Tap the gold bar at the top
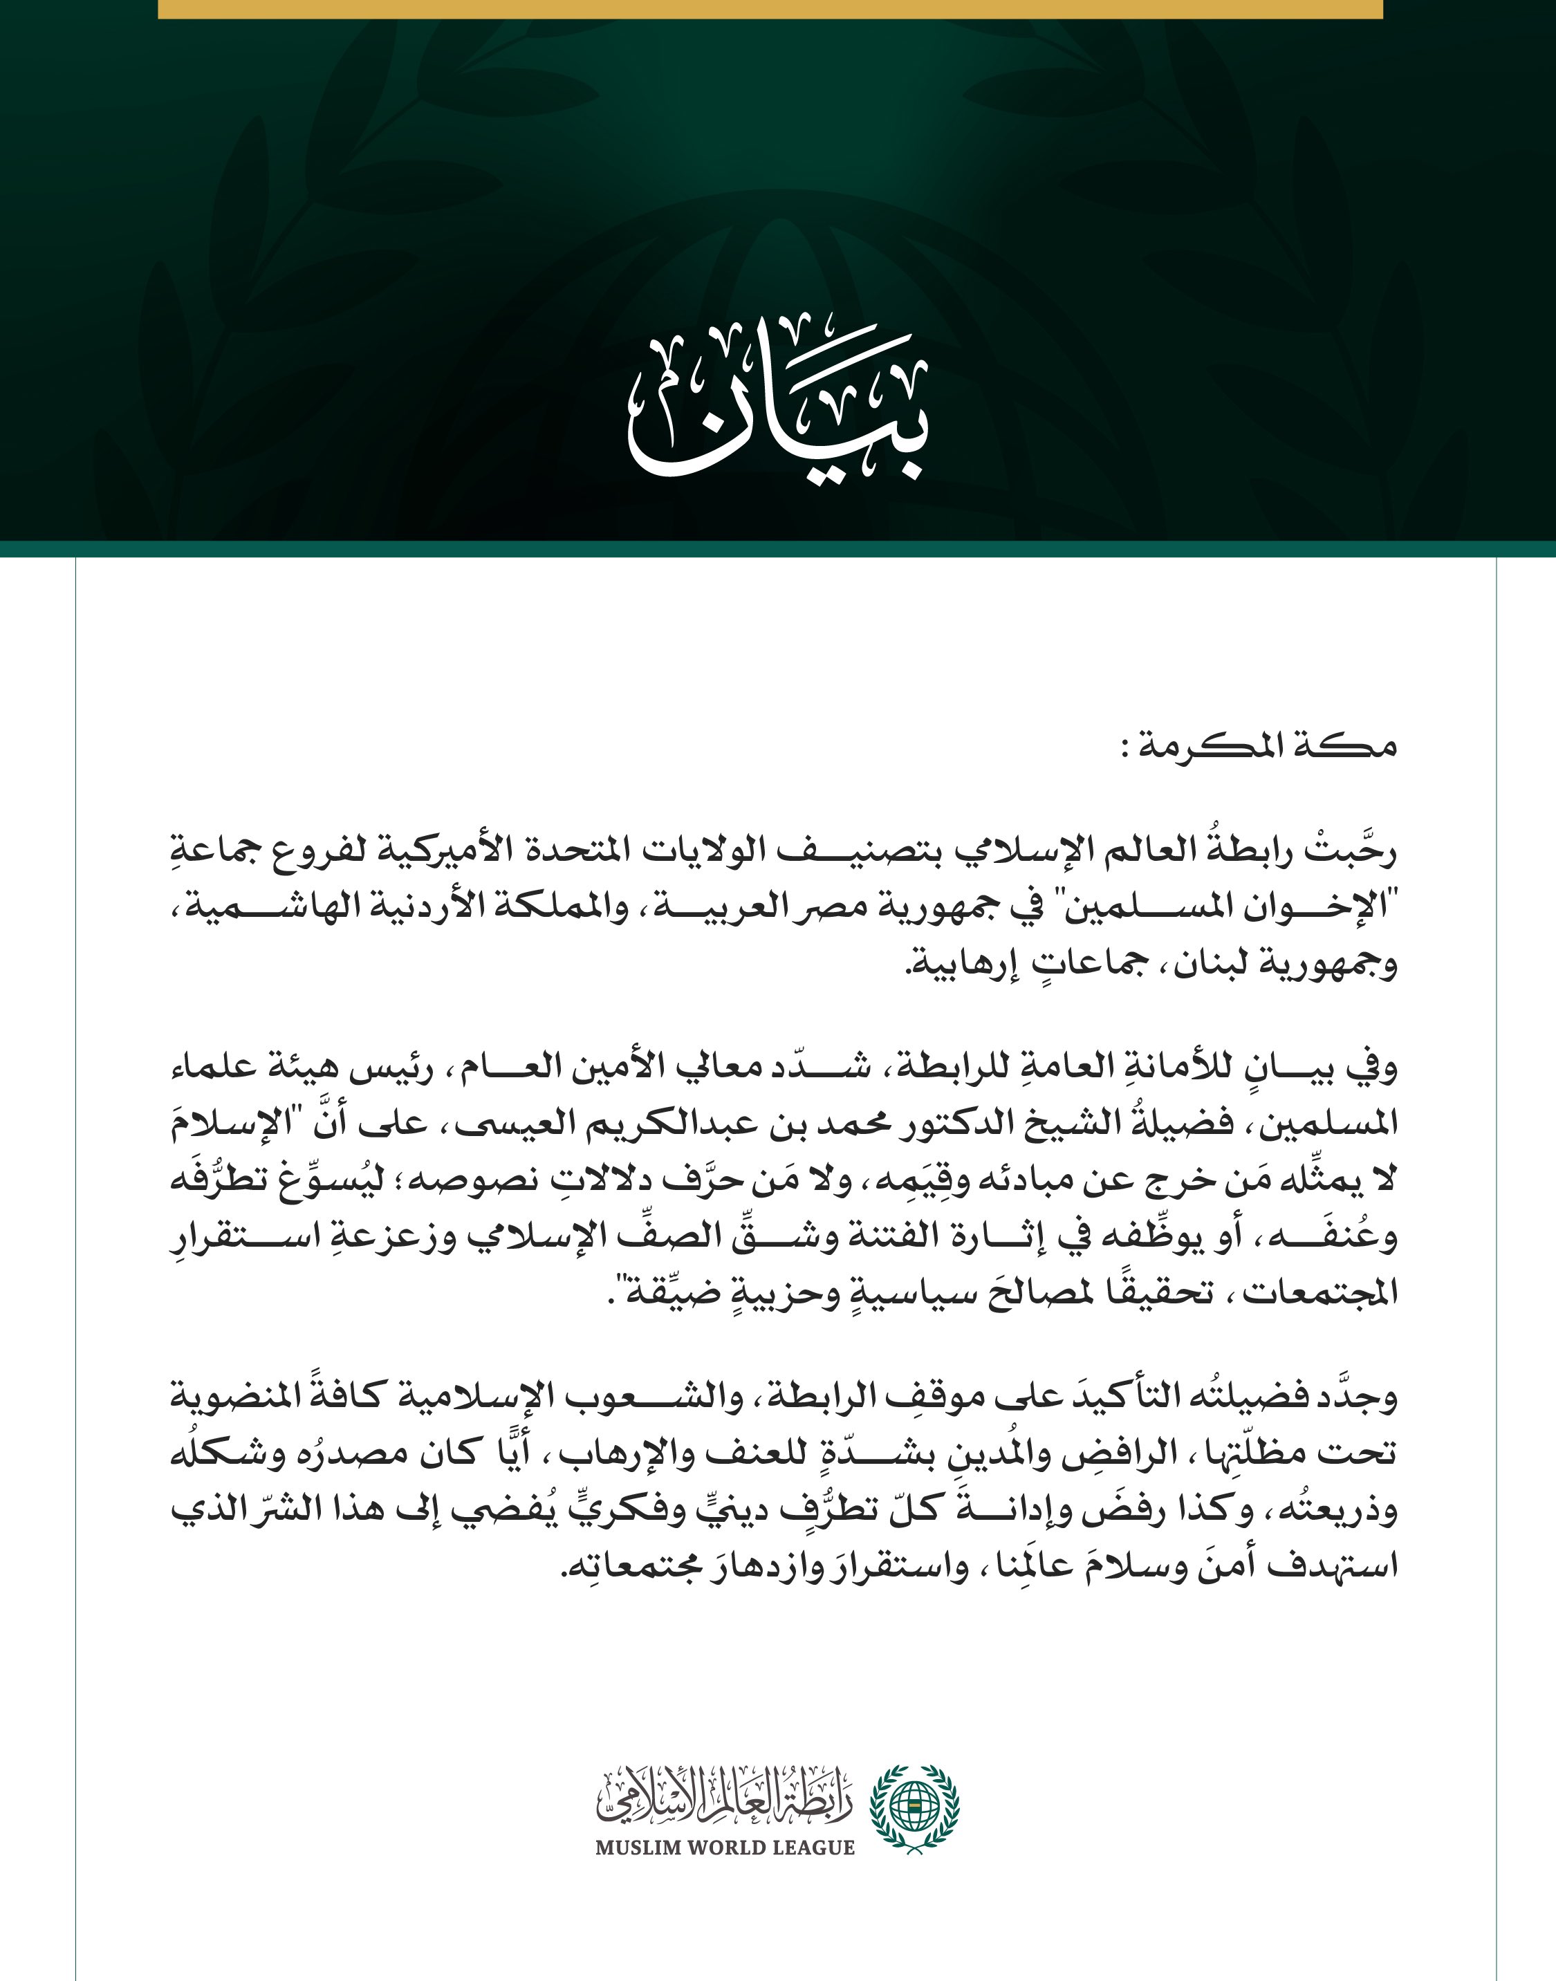click(770, 8)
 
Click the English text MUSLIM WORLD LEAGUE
click(725, 1848)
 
